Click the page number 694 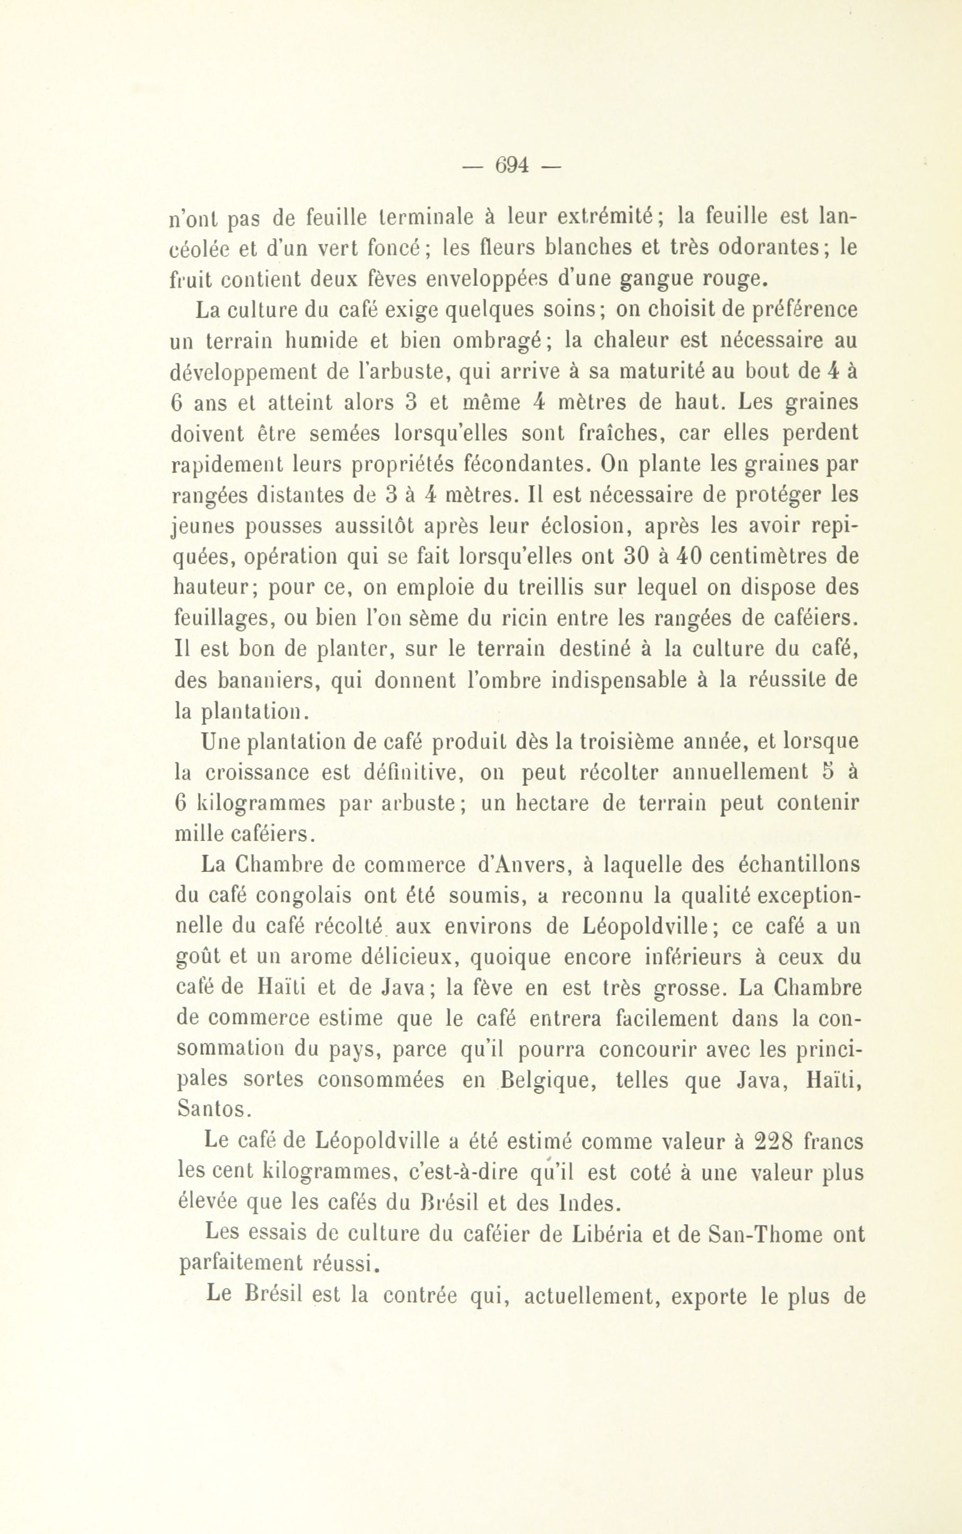[512, 165]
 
